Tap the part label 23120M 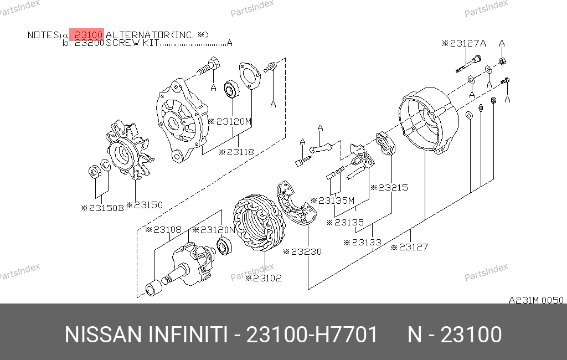tap(230, 121)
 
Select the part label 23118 tap(236, 152)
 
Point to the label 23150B tap(102, 208)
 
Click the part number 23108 tap(163, 230)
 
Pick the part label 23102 tap(263, 278)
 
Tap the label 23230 tap(302, 252)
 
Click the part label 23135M tap(332, 200)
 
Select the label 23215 tap(389, 187)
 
